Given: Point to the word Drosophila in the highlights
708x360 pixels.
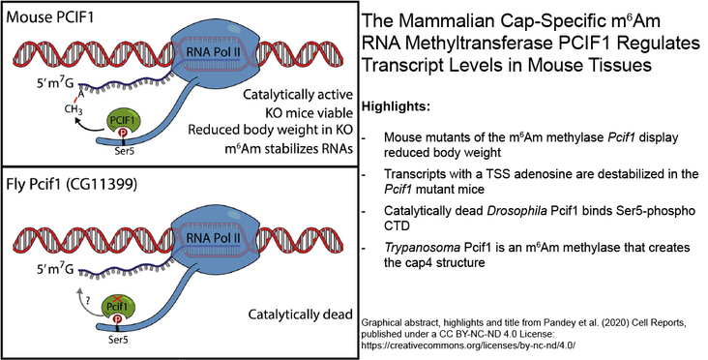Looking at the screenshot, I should tap(518, 210).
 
